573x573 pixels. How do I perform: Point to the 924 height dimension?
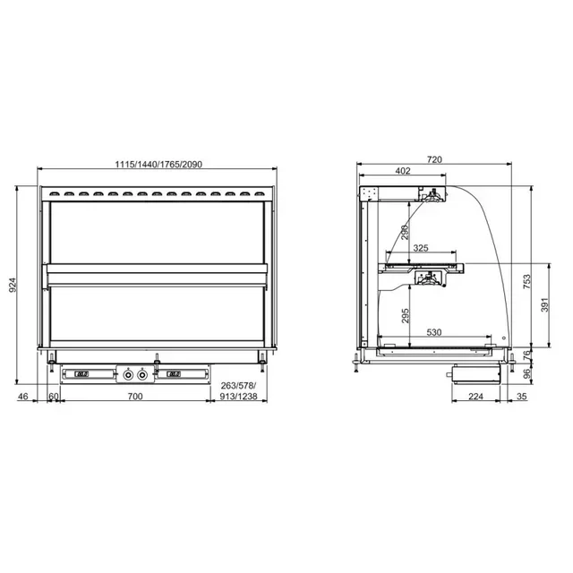tap(13, 285)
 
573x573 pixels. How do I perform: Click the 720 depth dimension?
tap(434, 159)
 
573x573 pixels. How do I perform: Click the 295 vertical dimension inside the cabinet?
tap(405, 316)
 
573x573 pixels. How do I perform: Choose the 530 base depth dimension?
tap(434, 332)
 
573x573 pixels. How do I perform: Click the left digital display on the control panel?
tap(81, 373)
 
